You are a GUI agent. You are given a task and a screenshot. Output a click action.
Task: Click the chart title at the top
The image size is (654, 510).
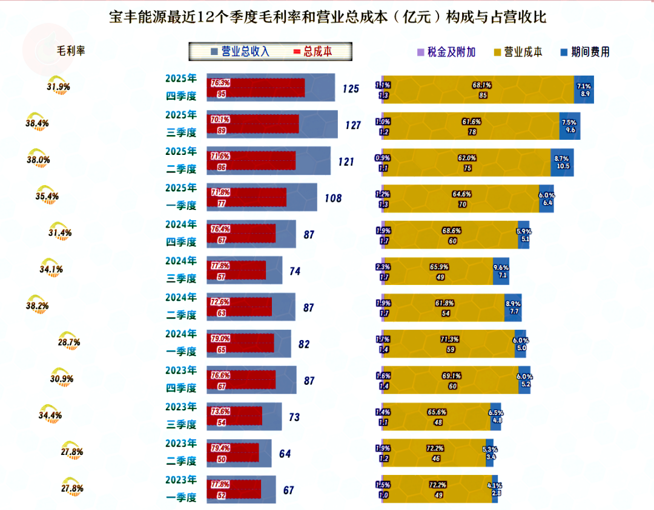(327, 17)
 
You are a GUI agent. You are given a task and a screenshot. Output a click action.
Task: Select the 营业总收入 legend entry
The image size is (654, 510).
(240, 52)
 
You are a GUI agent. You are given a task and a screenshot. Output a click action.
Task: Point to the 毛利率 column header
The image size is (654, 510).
(71, 51)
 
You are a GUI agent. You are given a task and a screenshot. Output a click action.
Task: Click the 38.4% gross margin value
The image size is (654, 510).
(38, 123)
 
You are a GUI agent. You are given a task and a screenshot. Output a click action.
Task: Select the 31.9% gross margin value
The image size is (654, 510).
(58, 87)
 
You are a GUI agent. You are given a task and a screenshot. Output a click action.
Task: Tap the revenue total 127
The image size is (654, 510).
(353, 125)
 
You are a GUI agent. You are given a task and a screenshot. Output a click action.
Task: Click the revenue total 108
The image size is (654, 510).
(333, 198)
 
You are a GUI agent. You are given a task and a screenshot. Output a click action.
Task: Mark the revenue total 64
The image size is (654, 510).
(286, 454)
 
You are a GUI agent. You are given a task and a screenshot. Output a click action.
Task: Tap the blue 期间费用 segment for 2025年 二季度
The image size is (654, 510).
(562, 162)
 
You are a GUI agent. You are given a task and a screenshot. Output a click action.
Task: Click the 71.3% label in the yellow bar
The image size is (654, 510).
(450, 339)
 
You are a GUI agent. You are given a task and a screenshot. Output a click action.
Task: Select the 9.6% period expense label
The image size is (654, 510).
(501, 267)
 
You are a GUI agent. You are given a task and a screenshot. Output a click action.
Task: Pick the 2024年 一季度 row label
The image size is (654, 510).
(181, 342)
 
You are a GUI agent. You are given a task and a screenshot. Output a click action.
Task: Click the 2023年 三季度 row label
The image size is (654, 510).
(181, 416)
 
